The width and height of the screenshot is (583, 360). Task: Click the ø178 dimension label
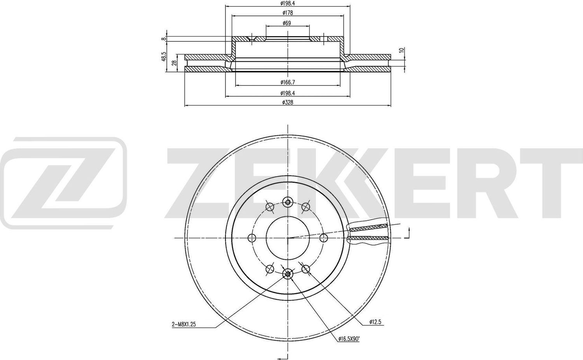[288, 13]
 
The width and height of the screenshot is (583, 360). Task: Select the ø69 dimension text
[288, 23]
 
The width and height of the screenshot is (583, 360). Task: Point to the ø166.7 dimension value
[288, 82]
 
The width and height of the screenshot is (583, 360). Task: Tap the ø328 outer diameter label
[288, 102]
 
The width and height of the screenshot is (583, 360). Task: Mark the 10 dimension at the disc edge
[402, 50]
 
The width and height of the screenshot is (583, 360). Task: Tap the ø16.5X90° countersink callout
[348, 338]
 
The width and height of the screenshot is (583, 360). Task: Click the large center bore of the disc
[288, 238]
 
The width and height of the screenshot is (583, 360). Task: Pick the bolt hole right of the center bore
[323, 238]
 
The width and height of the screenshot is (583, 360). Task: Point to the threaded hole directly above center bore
[288, 201]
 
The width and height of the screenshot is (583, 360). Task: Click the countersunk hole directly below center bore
[288, 274]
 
